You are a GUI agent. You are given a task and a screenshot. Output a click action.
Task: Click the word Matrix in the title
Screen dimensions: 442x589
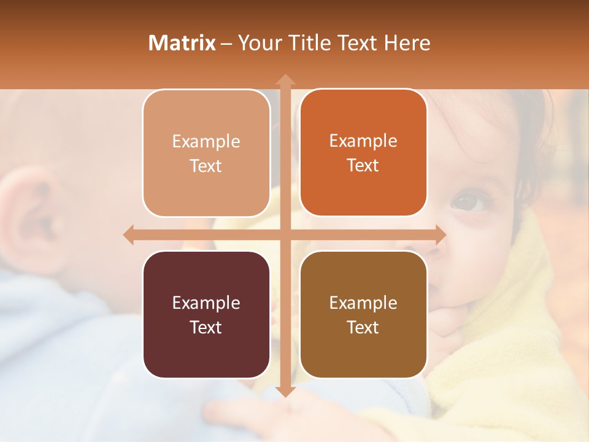tap(182, 43)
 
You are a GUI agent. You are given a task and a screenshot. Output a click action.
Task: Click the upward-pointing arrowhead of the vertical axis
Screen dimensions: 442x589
tap(285, 80)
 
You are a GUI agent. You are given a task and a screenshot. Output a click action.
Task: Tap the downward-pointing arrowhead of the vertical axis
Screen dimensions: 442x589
tap(285, 391)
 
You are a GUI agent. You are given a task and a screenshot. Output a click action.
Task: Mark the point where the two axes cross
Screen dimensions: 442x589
tap(285, 235)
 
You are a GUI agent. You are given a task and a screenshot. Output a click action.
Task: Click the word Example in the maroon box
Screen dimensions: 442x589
tap(206, 303)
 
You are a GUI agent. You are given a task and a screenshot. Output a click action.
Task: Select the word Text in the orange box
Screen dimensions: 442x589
tap(363, 166)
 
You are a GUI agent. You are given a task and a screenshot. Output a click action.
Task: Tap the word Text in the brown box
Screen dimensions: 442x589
tap(363, 328)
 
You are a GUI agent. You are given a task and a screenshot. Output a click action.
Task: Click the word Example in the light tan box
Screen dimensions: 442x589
tap(206, 142)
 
